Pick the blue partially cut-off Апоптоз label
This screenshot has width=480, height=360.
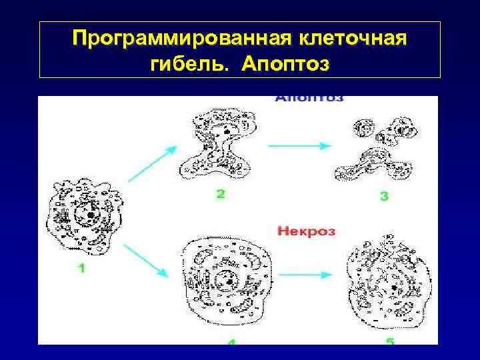309,99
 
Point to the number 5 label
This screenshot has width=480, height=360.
390,342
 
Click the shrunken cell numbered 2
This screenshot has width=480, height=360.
219,143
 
